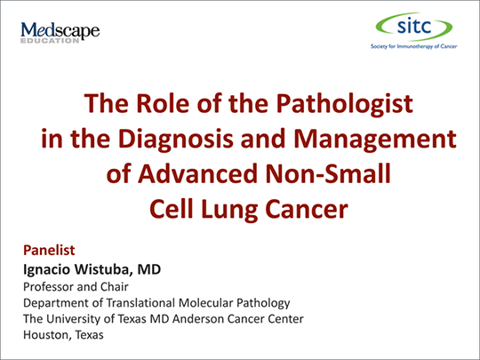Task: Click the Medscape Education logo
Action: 60,32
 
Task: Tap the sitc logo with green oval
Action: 414,27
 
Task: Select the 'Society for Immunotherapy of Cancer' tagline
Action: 413,46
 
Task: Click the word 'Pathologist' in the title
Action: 344,104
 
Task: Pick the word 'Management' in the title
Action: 375,140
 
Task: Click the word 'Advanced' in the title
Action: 197,173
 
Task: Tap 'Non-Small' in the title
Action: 328,173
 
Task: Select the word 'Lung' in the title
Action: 229,210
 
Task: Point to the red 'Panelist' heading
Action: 49,250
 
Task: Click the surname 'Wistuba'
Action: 104,269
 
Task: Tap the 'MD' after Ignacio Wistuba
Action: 149,269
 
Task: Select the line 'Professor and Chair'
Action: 76,287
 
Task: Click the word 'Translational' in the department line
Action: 140,303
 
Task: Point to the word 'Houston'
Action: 47,335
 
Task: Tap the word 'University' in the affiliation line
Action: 74,319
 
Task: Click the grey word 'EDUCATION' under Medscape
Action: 50,41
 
